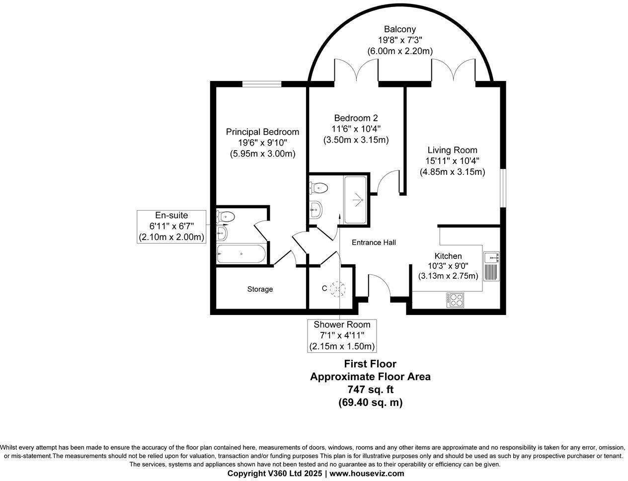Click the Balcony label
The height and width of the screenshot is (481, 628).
coord(399,30)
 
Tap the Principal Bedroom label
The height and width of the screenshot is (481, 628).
coord(262,132)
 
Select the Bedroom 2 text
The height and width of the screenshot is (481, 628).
coord(356,118)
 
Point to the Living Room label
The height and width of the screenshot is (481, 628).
coord(452,150)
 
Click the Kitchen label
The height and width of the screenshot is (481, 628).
coord(448,256)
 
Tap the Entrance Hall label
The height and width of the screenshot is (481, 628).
coord(374,242)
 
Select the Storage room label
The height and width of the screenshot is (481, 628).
coord(260,289)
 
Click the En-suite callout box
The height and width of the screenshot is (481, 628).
coord(171,226)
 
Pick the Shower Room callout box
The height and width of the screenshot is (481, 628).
coord(342,335)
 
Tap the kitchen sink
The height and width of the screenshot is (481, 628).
coord(491,257)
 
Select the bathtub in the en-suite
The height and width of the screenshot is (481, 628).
coord(241,254)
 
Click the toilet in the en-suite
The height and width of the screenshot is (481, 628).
coord(226,216)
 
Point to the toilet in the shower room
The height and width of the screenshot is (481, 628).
coord(318,188)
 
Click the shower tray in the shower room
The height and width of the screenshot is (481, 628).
coord(355,199)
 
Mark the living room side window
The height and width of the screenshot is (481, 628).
coord(503,188)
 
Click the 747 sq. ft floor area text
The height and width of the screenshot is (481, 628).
coord(370,390)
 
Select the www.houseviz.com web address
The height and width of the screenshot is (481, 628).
coord(367,474)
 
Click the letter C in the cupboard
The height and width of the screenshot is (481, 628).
coord(324,288)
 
